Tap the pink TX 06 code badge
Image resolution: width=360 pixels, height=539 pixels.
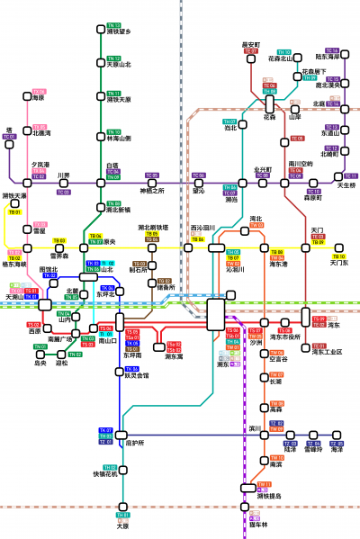39,92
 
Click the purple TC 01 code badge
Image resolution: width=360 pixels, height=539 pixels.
10,137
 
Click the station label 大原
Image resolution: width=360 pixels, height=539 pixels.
123,526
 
